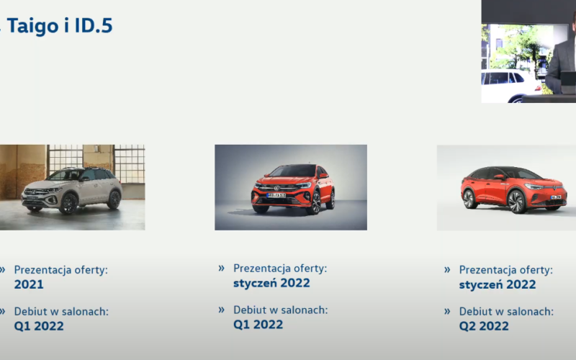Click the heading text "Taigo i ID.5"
(60, 25)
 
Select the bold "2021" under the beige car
(29, 284)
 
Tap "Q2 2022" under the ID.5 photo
(484, 326)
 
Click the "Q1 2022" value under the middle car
(258, 325)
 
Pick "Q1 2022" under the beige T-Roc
(39, 326)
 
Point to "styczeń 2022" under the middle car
(271, 283)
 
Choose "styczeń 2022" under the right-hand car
(498, 284)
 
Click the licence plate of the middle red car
(276, 195)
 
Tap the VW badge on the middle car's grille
(277, 188)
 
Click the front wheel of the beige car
(68, 204)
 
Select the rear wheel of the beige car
(114, 199)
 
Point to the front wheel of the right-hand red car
(516, 202)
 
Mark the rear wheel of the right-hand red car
(469, 199)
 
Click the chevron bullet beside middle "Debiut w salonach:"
(221, 310)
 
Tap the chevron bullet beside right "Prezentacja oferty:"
(447, 270)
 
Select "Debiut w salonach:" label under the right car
(506, 312)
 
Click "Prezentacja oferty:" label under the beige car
(61, 270)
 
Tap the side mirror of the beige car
(85, 179)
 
